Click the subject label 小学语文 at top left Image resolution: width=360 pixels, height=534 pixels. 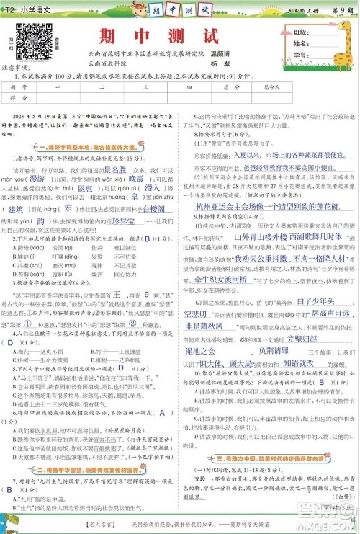point(32,8)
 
